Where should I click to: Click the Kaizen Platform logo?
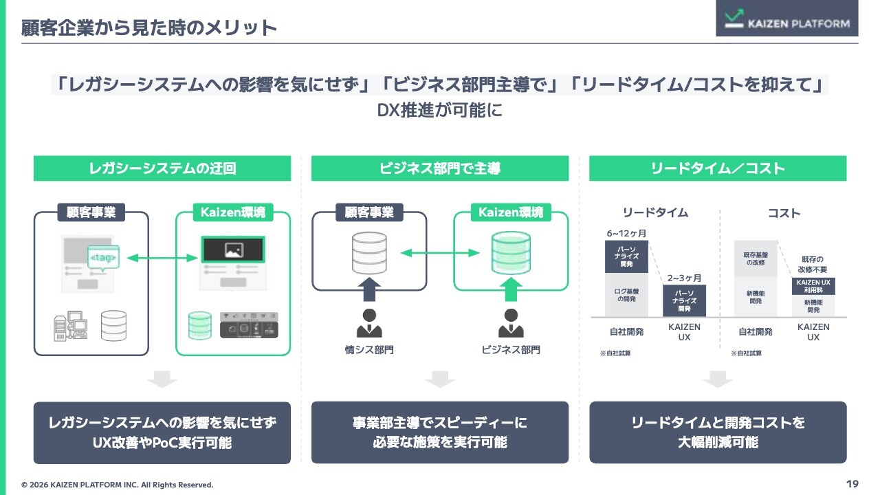[786, 19]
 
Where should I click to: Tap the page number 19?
[852, 484]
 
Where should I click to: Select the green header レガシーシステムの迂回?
[162, 168]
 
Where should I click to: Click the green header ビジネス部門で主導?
[440, 168]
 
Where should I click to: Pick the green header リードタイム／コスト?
[718, 168]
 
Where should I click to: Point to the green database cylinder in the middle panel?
[511, 252]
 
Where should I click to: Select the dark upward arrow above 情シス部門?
[370, 289]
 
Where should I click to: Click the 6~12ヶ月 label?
[626, 234]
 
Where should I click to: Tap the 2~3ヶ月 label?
[684, 278]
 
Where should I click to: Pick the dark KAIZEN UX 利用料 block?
[813, 286]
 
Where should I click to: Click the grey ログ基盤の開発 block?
[626, 295]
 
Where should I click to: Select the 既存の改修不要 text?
[813, 265]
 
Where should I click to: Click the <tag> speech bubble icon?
[103, 258]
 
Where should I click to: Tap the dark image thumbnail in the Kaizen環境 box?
[233, 249]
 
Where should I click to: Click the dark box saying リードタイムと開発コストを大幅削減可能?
[718, 432]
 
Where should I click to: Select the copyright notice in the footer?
[118, 485]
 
